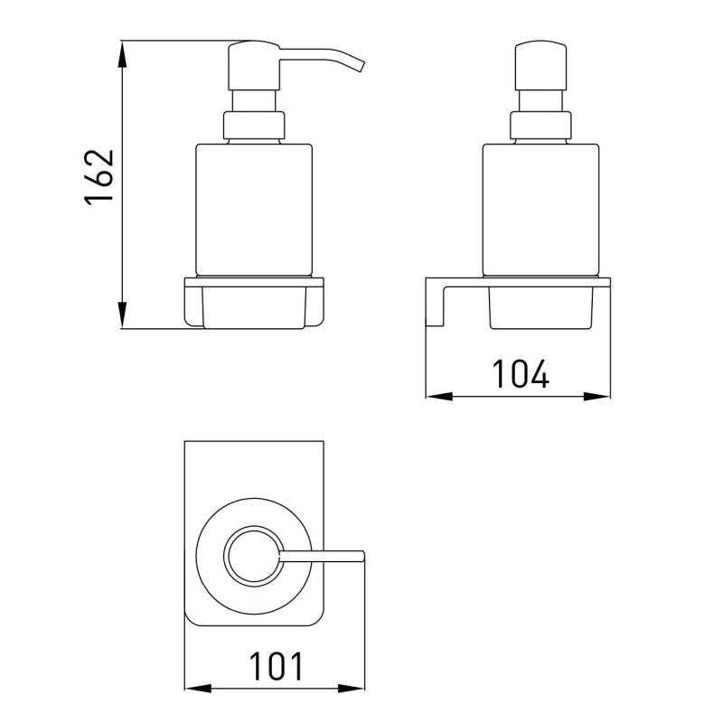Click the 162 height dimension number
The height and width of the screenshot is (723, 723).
click(x=99, y=176)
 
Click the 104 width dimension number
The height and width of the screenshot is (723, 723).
click(x=521, y=373)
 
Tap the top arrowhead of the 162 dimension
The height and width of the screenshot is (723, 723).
click(x=122, y=54)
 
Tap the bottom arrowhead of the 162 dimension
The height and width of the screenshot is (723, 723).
click(x=122, y=315)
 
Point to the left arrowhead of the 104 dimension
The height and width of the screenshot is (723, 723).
click(x=439, y=396)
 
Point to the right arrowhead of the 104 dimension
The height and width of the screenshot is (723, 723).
click(x=596, y=396)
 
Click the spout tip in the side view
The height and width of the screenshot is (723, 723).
click(x=359, y=66)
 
